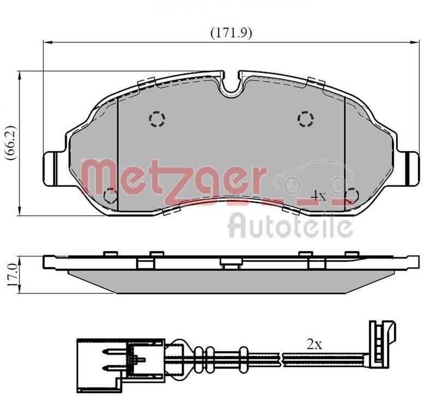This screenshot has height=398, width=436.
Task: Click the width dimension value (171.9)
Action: pos(231,33)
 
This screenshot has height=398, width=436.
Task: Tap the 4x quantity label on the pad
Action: pos(318,195)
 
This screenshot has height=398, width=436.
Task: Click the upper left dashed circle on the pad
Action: pos(157,118)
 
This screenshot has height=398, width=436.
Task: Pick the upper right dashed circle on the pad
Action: pos(305,118)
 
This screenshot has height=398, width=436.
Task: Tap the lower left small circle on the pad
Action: pos(111,195)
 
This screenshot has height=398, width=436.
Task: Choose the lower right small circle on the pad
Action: pos(352,195)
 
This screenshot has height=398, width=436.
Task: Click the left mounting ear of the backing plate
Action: pos(53,169)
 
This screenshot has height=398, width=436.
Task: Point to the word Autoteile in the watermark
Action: pos(290,225)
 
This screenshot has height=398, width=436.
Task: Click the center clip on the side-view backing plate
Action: pos(231,264)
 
